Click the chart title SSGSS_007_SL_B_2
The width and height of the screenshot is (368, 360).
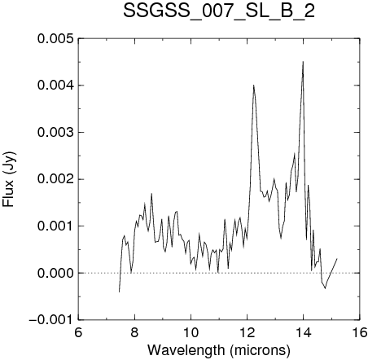coord(219,11)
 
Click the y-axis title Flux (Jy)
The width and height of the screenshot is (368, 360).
coord(9,179)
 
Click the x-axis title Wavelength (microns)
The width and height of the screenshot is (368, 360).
coord(219,350)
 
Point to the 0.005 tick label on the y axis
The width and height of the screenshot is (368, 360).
coord(55,38)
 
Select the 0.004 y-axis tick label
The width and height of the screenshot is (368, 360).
coord(55,86)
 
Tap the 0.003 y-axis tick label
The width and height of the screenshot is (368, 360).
coord(55,133)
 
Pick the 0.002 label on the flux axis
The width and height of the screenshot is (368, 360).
coord(55,179)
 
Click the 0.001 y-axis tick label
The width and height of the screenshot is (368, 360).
coord(55,226)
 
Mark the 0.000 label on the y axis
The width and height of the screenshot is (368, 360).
coord(55,273)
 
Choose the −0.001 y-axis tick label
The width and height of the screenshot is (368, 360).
coord(51,320)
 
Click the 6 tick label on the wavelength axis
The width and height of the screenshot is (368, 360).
coord(78,332)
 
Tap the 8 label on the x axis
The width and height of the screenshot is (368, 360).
coord(134,332)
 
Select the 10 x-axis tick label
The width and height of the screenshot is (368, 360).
coord(191,332)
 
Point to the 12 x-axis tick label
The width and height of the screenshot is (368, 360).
coord(248,332)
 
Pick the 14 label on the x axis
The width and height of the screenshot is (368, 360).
coord(304,332)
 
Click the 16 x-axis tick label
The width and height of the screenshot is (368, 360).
coord(360,332)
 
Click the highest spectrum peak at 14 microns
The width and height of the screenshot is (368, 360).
coord(303,62)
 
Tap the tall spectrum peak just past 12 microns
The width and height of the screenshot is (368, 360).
coord(254,86)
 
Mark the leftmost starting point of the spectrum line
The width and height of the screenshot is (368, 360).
coord(119,292)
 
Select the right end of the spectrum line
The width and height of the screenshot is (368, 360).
coord(337,259)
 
